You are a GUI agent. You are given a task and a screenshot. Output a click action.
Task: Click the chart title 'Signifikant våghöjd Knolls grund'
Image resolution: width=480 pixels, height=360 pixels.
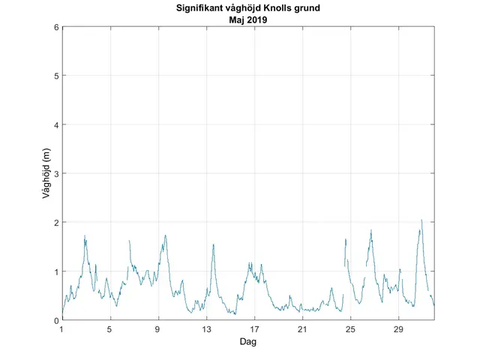(x=248, y=10)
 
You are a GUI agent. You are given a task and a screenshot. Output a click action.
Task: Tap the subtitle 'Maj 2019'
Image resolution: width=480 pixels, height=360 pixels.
(x=248, y=20)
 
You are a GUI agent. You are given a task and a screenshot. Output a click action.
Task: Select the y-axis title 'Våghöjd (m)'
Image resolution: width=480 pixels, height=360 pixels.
(x=46, y=174)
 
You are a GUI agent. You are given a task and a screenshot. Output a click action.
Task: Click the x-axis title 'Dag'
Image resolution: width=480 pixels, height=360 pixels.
(x=248, y=341)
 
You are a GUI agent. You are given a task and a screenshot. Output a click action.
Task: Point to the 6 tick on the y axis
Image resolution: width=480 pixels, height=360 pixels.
(x=56, y=27)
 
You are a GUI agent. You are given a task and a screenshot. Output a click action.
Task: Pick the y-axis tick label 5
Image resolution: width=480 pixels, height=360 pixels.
(x=56, y=76)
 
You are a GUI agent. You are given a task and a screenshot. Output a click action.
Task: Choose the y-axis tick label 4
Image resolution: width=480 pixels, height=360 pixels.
(x=56, y=124)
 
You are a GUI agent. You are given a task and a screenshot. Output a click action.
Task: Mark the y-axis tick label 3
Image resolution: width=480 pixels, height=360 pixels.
(x=56, y=174)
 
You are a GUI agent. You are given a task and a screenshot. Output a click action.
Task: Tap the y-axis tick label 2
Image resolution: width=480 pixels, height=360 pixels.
(x=56, y=223)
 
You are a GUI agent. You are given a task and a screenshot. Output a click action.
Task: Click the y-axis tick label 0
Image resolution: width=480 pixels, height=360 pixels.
(x=56, y=320)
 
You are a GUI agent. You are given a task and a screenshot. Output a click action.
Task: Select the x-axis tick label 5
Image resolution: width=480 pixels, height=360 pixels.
(x=109, y=329)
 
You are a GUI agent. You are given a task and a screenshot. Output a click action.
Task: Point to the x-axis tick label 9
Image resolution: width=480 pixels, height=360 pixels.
(x=158, y=329)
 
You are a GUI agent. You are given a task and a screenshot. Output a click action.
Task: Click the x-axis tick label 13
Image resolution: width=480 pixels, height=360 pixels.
(x=206, y=329)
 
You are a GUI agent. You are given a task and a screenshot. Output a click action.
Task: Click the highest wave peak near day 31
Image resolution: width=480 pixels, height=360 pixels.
(x=421, y=220)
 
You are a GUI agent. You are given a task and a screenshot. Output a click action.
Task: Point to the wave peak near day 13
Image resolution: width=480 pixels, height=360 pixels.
(x=214, y=244)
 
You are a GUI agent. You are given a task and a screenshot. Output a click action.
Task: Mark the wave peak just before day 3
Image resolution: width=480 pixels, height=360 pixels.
(x=85, y=235)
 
